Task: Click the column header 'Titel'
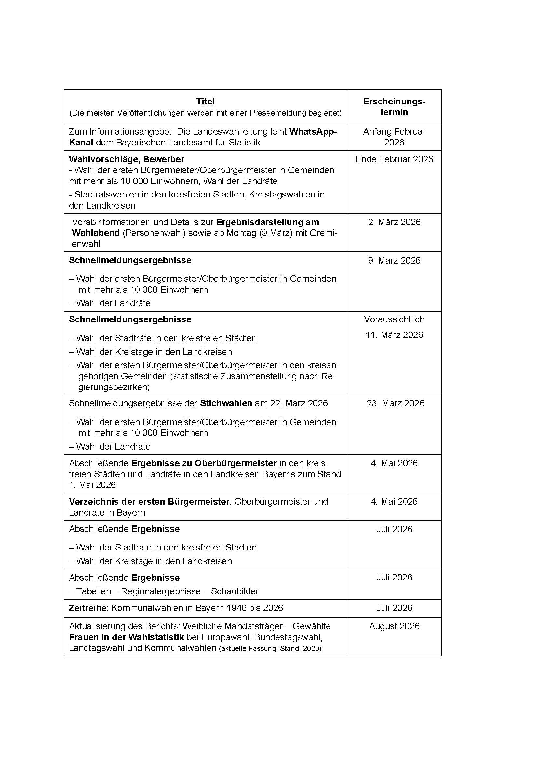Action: (x=205, y=101)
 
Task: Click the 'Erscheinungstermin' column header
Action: (x=394, y=107)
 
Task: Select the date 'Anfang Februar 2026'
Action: (x=394, y=137)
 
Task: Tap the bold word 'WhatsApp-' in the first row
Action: (x=313, y=131)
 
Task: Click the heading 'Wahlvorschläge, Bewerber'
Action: (x=126, y=159)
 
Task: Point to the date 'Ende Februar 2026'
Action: (x=394, y=159)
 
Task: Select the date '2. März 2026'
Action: (x=394, y=222)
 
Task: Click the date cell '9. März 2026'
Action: (x=394, y=261)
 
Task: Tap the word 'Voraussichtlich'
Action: (x=394, y=319)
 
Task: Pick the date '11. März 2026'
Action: (x=394, y=335)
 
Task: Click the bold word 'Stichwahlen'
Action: (x=226, y=403)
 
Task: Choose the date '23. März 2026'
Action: (x=395, y=403)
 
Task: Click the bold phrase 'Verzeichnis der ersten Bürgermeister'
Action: (x=149, y=502)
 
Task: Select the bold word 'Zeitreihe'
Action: (x=88, y=608)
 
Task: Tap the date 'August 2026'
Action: (x=394, y=626)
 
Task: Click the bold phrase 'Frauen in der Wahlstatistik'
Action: (x=126, y=637)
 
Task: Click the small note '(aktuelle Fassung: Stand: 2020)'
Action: (x=270, y=649)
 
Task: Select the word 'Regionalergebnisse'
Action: (x=161, y=591)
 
